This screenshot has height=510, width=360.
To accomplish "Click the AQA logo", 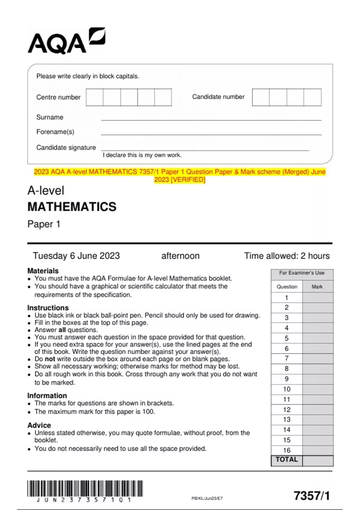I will click(66, 41).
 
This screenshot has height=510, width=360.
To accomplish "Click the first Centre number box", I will click(94, 97).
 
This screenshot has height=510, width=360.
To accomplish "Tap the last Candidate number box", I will click(312, 97).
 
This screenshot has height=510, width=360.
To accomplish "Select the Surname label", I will click(50, 117).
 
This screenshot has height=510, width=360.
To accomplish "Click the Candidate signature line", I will click(205, 149).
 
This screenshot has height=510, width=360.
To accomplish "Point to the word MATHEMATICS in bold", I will click(72, 207).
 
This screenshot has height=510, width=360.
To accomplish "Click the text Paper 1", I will click(44, 224).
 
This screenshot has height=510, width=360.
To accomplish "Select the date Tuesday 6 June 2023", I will click(76, 256).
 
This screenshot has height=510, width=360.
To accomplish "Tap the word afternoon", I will click(180, 256).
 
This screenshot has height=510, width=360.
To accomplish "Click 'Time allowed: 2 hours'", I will click(286, 256).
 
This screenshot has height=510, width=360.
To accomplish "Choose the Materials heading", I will click(43, 271).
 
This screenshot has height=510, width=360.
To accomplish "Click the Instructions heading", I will click(48, 308).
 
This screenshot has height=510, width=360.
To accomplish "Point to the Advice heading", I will click(39, 425).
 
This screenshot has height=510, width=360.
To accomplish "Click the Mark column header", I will click(317, 286).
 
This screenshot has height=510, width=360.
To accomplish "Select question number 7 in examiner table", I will click(286, 358).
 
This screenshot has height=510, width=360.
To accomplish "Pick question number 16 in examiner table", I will click(286, 450).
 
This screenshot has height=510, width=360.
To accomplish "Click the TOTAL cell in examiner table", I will click(286, 460).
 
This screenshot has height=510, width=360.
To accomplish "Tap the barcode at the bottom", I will click(85, 489).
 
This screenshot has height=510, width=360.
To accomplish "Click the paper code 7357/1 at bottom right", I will click(312, 496).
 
